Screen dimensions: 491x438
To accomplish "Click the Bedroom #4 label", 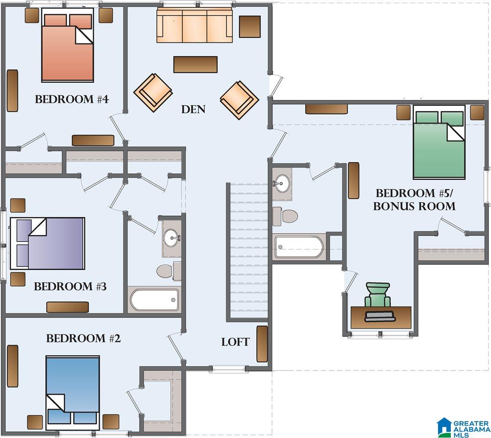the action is [72, 99].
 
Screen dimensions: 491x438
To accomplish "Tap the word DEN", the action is [193, 109].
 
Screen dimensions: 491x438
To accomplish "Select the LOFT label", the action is [236, 342].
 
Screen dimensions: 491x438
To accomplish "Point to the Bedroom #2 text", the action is [83, 338].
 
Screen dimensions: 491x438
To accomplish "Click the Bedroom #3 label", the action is [70, 286].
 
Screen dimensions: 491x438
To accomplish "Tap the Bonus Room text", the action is [414, 206].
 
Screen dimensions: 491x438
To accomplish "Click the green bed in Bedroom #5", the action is [439, 142].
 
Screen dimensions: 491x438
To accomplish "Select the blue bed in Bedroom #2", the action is [73, 393].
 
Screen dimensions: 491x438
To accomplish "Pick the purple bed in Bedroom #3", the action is [48, 243].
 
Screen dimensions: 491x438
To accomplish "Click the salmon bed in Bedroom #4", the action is [68, 45].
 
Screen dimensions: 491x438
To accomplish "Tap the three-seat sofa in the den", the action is [195, 25].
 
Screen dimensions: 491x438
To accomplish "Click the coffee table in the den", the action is [195, 64].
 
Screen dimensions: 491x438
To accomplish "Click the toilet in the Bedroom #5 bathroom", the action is [285, 216].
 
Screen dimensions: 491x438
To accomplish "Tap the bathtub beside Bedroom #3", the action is [154, 300].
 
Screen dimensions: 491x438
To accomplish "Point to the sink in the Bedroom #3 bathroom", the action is [172, 238].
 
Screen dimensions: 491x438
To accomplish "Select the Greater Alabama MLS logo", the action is [463, 428].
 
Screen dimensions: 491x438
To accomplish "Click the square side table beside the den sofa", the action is [250, 26].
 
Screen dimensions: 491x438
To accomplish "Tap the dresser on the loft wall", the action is [262, 344].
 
